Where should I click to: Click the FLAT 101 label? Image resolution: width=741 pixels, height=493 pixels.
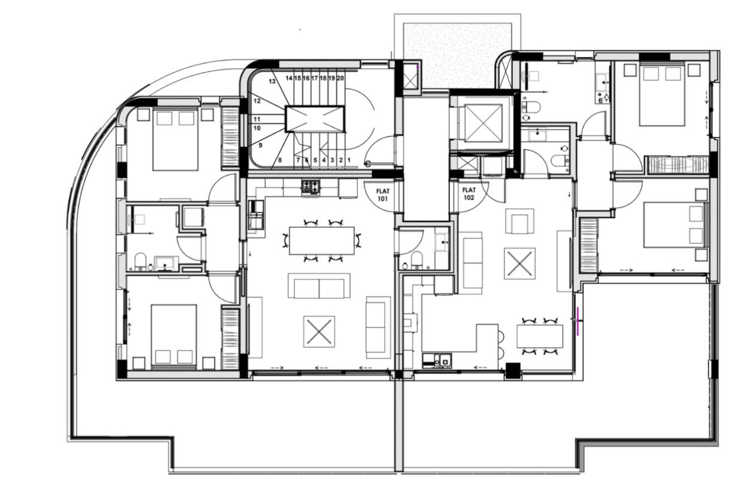(x=382, y=194)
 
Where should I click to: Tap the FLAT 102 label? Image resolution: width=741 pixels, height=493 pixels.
(x=468, y=194)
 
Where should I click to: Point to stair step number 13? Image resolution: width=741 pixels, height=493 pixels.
(x=271, y=81)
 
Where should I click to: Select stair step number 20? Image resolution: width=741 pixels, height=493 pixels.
(x=340, y=78)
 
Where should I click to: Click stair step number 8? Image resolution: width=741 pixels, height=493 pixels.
(x=280, y=160)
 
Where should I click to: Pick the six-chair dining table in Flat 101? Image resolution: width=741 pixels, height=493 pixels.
(x=321, y=241)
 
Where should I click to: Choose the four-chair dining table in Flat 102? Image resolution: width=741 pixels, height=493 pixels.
(x=539, y=336)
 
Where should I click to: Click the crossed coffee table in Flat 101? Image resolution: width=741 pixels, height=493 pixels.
(x=319, y=331)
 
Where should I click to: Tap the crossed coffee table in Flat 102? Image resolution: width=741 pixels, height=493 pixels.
(x=519, y=263)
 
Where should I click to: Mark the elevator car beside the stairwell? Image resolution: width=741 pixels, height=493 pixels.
(x=483, y=123)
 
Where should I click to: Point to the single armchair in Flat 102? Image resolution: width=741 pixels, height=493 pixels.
(x=519, y=221)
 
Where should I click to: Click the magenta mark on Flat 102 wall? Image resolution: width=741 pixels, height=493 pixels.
(x=578, y=318)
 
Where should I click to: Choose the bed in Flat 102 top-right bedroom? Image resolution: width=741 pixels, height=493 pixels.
(x=662, y=95)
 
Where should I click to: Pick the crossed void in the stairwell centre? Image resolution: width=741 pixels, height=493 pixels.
(x=315, y=119)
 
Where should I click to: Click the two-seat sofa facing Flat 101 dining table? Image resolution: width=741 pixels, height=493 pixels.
(x=319, y=286)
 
